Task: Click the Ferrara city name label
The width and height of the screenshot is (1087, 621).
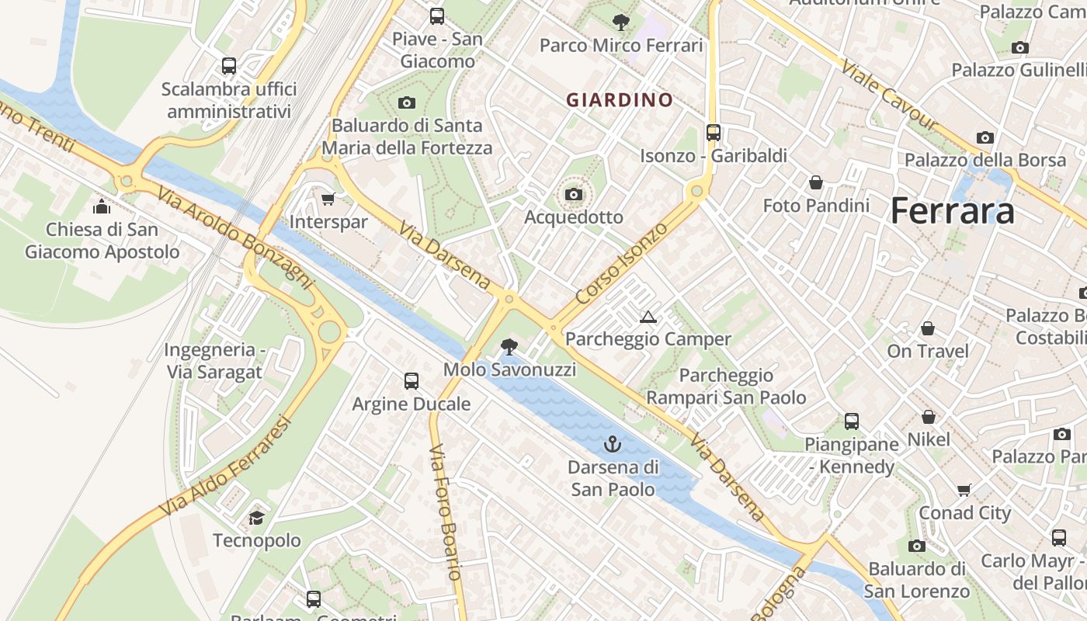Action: [952, 210]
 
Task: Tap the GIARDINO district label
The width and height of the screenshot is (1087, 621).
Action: [619, 100]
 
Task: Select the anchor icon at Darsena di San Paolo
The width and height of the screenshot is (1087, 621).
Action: [613, 444]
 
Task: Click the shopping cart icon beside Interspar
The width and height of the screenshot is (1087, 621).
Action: [328, 199]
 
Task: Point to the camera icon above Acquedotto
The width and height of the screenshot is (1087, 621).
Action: [574, 194]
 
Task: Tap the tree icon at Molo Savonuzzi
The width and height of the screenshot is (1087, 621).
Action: [509, 346]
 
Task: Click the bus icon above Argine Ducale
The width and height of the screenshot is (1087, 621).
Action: [412, 381]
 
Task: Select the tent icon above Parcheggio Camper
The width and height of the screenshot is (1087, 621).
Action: [648, 317]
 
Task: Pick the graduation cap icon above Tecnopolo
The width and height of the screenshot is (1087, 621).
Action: [256, 518]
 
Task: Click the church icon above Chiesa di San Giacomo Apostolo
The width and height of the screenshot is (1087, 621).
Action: [102, 206]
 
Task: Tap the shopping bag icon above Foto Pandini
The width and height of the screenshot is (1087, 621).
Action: [816, 182]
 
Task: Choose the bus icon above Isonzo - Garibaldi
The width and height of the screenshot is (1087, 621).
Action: [714, 133]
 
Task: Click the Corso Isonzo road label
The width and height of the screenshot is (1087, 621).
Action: [621, 263]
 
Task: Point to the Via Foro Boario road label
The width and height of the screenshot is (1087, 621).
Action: [446, 512]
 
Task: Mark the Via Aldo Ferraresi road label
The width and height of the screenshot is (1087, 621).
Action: [225, 467]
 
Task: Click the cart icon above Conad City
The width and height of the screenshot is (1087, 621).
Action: [964, 490]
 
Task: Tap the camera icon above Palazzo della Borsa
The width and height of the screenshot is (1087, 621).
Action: [985, 137]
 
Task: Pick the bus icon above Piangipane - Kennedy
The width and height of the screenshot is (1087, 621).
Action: [852, 422]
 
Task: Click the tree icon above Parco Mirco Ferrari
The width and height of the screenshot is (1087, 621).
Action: [620, 22]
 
